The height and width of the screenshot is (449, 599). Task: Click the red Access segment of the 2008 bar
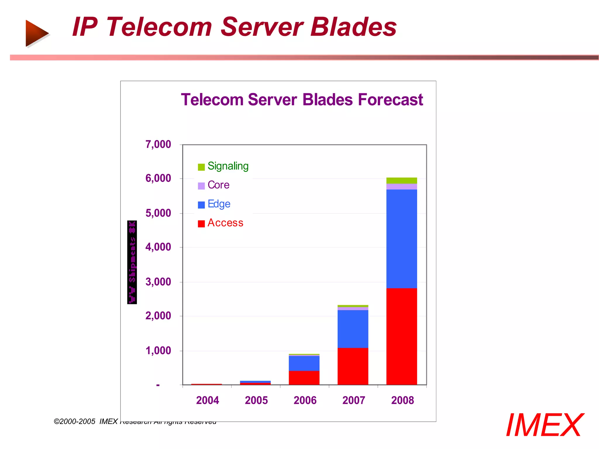[402, 336]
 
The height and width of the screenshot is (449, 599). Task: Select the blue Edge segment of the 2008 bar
[402, 239]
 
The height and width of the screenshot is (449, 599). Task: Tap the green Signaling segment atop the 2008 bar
[402, 180]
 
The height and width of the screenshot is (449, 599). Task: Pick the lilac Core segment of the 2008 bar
[402, 186]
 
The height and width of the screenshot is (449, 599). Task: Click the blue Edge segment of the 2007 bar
[353, 329]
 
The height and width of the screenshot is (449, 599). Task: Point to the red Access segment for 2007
[353, 366]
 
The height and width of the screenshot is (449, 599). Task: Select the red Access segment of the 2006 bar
[304, 377]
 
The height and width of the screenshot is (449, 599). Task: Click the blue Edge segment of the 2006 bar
[304, 363]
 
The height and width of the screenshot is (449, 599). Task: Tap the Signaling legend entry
[228, 166]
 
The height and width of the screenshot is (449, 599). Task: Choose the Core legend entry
[218, 185]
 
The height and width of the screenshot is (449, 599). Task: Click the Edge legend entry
[219, 204]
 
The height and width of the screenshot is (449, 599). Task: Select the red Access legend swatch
[201, 224]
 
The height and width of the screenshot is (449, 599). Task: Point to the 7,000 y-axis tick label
[158, 144]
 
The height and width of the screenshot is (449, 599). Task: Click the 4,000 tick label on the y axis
[158, 247]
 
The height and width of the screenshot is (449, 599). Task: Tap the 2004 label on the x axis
[207, 400]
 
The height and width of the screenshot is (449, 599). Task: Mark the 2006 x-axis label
[305, 400]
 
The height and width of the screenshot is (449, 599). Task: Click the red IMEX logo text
[545, 425]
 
